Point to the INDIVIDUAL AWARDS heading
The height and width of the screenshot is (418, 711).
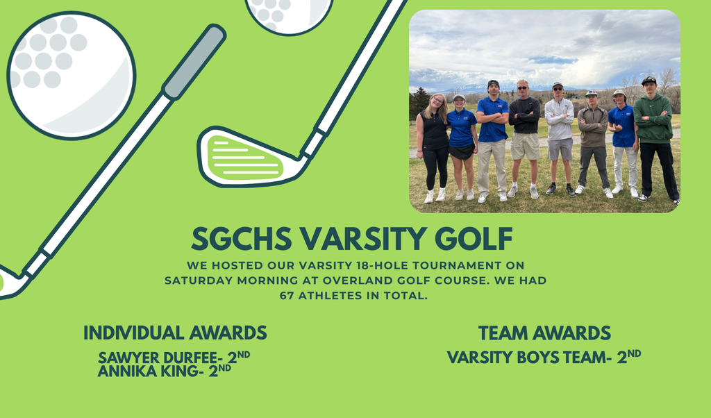(175, 333)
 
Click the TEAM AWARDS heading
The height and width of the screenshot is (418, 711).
(544, 333)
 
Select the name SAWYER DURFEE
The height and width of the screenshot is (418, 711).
(159, 358)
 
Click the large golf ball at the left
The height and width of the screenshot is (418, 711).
(71, 75)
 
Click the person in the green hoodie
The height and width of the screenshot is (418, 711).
(653, 139)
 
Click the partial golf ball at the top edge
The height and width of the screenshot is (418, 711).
(289, 13)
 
